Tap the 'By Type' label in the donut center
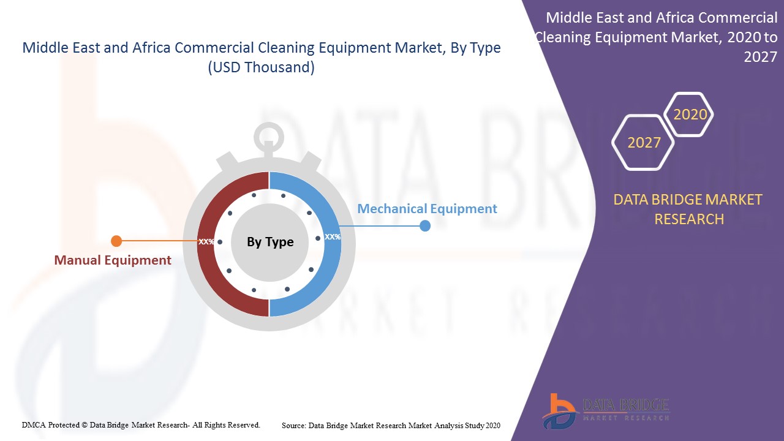tap(270, 242)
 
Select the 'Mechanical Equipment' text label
tap(427, 209)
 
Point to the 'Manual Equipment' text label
tap(113, 260)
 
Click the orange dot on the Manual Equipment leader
tap(117, 241)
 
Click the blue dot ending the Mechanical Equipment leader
tap(425, 226)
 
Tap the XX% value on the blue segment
tap(333, 236)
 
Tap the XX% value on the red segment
tap(206, 241)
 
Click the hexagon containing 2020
tap(690, 115)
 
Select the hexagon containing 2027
tap(644, 143)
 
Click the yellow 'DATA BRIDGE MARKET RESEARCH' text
tap(688, 209)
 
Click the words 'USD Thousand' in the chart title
tap(262, 67)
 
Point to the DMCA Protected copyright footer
tap(141, 424)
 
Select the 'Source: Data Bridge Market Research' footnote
tap(391, 425)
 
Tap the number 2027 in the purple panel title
tap(760, 57)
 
